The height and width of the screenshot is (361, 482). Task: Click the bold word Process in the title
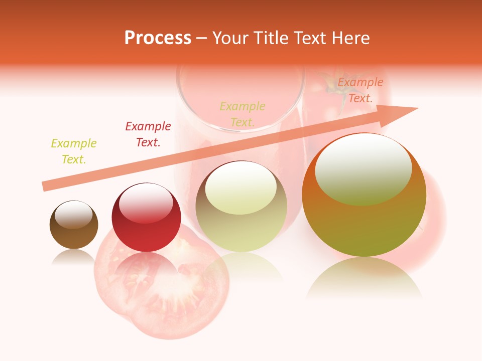coord(158,38)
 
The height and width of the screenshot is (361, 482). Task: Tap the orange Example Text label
coord(360,90)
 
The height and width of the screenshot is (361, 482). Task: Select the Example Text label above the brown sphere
coord(74,151)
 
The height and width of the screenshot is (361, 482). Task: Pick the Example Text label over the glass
coord(243,114)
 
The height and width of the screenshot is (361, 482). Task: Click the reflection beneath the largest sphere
coord(364,278)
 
